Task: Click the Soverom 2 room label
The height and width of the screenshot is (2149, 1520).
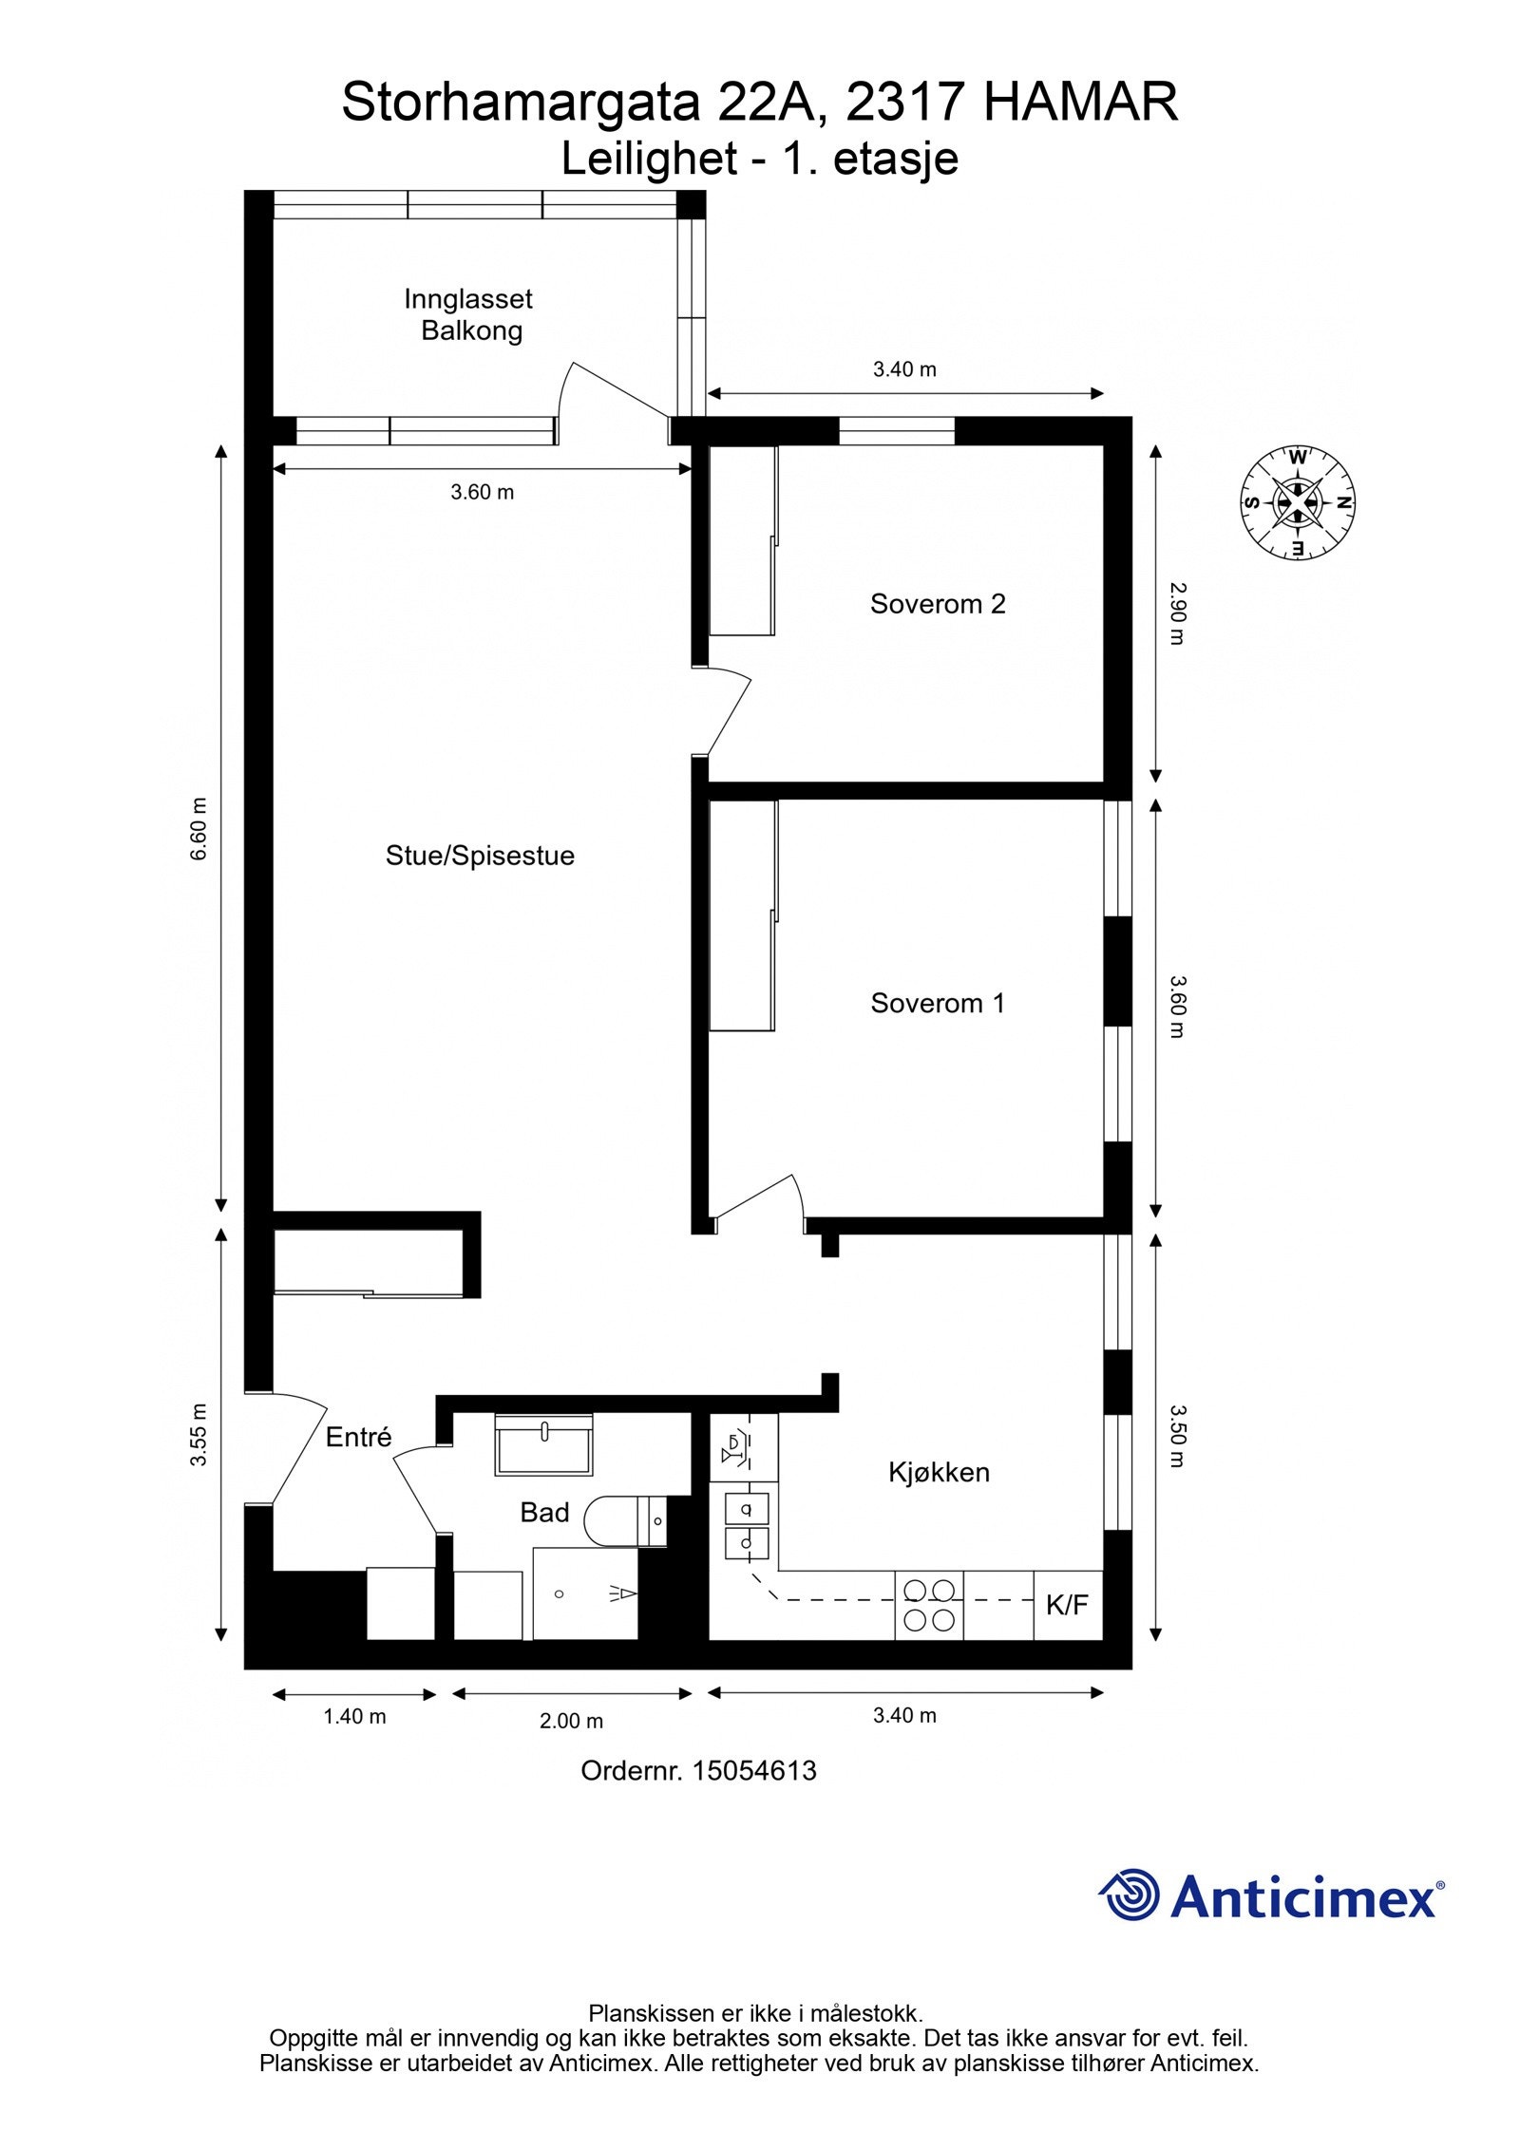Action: point(937,604)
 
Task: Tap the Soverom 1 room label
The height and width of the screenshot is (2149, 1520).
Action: point(937,1003)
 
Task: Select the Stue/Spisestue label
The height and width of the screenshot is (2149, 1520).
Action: point(480,856)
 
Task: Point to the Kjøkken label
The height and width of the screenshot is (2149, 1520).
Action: point(939,1472)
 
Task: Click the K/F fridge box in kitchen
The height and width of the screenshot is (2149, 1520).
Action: point(1067,1605)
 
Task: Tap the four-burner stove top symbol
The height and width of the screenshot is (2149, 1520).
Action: point(929,1605)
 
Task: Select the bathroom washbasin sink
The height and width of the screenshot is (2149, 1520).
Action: point(543,1443)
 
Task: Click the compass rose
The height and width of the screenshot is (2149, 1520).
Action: point(1298,502)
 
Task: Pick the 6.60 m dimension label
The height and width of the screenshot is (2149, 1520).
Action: point(199,829)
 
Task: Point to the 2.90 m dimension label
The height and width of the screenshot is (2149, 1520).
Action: point(1177,613)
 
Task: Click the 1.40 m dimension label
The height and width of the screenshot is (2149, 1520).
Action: point(354,1716)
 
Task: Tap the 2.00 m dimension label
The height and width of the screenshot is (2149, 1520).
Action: point(571,1720)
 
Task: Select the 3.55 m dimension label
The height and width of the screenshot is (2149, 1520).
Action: point(199,1434)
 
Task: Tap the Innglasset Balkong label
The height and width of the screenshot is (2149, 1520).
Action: point(469,314)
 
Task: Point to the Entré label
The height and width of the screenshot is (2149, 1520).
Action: point(358,1438)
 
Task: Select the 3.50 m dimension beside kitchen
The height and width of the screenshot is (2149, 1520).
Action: point(1177,1437)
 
